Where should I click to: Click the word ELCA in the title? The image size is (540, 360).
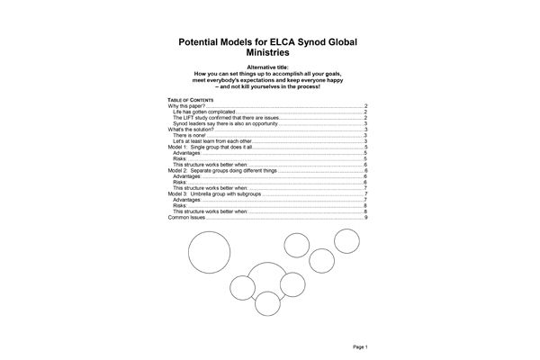pos(261,41)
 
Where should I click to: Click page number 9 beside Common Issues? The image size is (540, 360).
pos(365,217)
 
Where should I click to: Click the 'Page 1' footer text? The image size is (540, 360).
pos(361,346)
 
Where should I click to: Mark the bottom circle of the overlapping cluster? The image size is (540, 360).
pos(267,303)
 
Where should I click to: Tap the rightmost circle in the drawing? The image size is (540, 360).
pos(347,241)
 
